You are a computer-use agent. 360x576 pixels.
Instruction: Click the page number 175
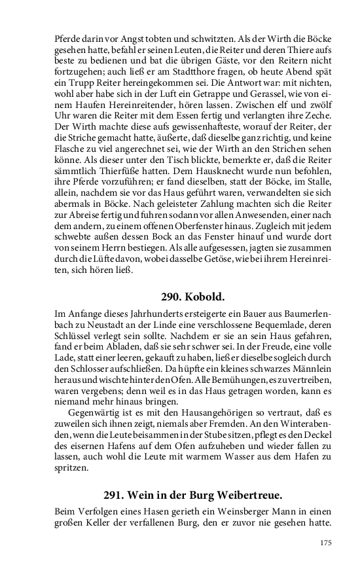pos(325,543)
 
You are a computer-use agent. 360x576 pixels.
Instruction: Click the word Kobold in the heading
pos(199,295)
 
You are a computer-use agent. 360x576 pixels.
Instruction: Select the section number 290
pos(169,295)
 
